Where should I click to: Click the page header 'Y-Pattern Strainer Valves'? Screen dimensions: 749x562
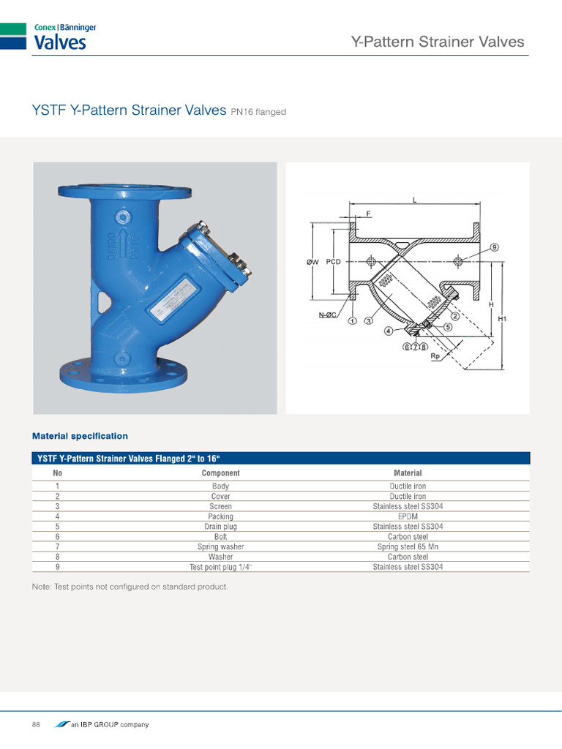pyautogui.click(x=438, y=42)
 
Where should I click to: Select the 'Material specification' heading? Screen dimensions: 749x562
pyautogui.click(x=80, y=436)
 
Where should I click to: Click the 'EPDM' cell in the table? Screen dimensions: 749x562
pyautogui.click(x=408, y=516)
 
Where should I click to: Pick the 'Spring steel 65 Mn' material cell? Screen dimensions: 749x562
pyautogui.click(x=408, y=546)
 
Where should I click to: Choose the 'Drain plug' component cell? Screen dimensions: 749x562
pyautogui.click(x=220, y=527)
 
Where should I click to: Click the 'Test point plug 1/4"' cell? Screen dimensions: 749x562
pyautogui.click(x=220, y=567)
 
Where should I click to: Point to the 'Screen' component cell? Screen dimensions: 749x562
pyautogui.click(x=220, y=506)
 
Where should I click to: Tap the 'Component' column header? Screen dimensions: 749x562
pyautogui.click(x=220, y=473)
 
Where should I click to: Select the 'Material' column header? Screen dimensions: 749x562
pyautogui.click(x=408, y=473)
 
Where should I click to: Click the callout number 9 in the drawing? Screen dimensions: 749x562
pyautogui.click(x=494, y=248)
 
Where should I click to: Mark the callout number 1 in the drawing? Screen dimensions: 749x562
pyautogui.click(x=352, y=320)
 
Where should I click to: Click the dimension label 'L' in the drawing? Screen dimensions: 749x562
pyautogui.click(x=415, y=200)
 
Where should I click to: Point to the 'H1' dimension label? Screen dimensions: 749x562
pyautogui.click(x=502, y=319)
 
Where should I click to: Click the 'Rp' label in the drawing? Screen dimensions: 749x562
pyautogui.click(x=435, y=356)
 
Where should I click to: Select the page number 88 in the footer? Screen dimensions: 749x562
pyautogui.click(x=36, y=724)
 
